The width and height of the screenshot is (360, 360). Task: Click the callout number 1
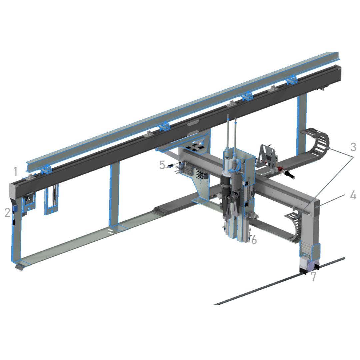(x=16, y=172)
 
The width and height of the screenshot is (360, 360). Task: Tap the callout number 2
(x=8, y=213)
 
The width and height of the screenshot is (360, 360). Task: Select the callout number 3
(x=353, y=147)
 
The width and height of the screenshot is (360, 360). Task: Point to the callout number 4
(x=353, y=195)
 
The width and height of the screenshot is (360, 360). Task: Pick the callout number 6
(x=254, y=240)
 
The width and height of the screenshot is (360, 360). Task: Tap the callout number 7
(x=314, y=276)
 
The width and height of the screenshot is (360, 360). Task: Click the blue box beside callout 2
(x=16, y=208)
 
